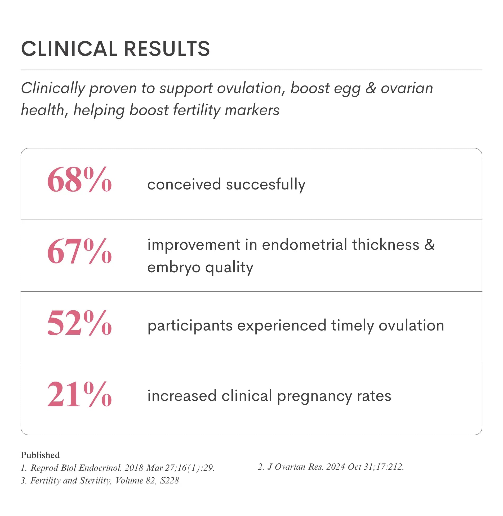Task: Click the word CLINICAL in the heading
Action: [69, 49]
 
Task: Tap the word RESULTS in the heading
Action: [167, 49]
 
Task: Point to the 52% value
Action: [79, 323]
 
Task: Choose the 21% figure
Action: [79, 394]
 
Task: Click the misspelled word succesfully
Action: [266, 185]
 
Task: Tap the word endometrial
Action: [304, 245]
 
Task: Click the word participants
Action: [190, 326]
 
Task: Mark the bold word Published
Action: [40, 455]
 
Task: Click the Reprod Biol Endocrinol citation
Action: [118, 468]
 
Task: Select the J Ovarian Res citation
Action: [331, 467]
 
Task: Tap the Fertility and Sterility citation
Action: [100, 481]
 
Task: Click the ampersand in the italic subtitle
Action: [371, 88]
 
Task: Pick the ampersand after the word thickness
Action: [429, 245]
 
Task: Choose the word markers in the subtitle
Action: [252, 110]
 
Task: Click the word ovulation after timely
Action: [411, 325]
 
